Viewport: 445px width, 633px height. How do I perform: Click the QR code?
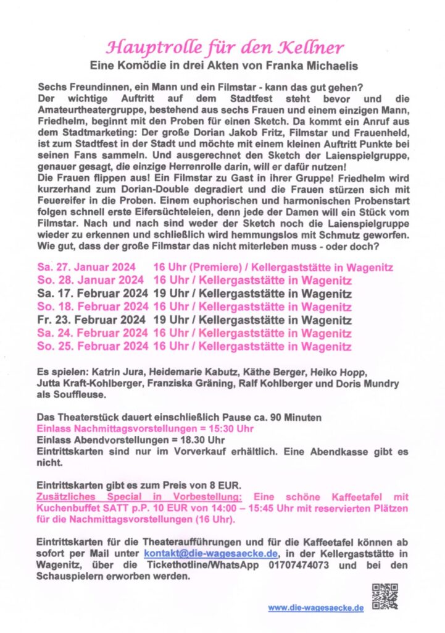click(x=385, y=597)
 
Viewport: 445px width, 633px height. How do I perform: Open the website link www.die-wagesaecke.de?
click(x=315, y=608)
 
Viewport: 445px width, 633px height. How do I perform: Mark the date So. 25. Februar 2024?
click(x=92, y=347)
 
